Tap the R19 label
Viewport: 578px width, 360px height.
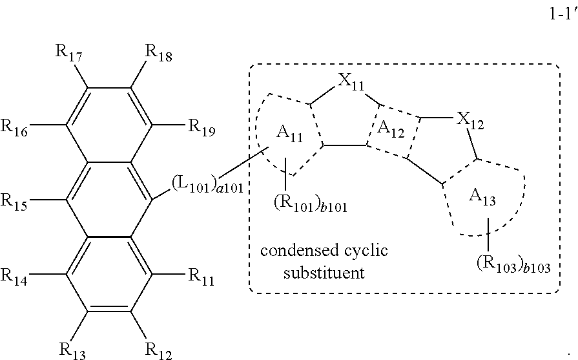[x=201, y=127]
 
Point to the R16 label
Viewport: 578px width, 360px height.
[x=14, y=127]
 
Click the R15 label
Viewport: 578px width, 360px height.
[x=14, y=202]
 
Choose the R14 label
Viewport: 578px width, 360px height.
[x=14, y=277]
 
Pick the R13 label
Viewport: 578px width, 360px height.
[x=72, y=351]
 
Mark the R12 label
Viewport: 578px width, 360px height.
[x=158, y=351]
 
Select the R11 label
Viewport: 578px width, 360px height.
[x=201, y=277]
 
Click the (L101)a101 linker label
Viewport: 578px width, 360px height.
[x=207, y=185]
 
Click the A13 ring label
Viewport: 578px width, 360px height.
[x=482, y=196]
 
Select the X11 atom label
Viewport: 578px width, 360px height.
[x=351, y=81]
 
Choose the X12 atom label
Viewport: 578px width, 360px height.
[x=470, y=121]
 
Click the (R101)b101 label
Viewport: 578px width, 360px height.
[x=311, y=204]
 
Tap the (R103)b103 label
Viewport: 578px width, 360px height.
[x=513, y=264]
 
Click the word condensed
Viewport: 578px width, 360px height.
[x=300, y=251]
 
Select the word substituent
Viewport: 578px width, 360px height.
[x=324, y=273]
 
